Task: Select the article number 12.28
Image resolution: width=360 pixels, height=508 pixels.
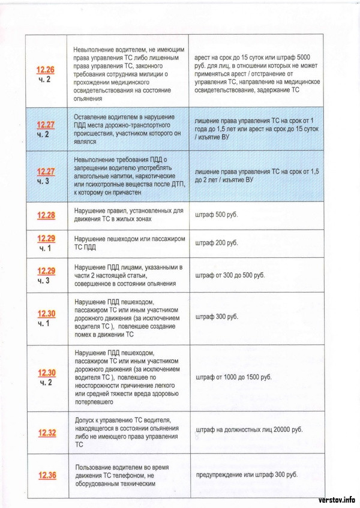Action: point(46,215)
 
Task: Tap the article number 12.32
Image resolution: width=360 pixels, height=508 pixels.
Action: point(46,432)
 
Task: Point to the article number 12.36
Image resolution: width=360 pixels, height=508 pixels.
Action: point(46,476)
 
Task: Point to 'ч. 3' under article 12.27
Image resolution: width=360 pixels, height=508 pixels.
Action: point(46,181)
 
